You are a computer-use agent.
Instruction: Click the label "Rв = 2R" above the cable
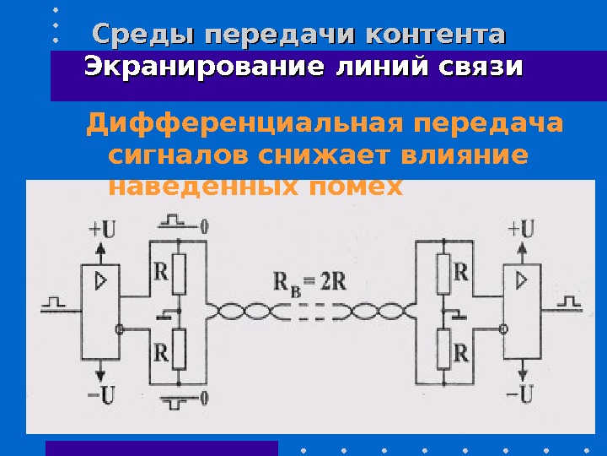(x=311, y=280)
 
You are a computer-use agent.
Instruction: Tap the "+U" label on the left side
(x=104, y=228)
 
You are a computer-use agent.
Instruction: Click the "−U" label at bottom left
(x=102, y=393)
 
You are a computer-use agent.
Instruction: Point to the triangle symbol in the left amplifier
(x=101, y=280)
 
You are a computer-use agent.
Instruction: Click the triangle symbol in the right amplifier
(x=522, y=280)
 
